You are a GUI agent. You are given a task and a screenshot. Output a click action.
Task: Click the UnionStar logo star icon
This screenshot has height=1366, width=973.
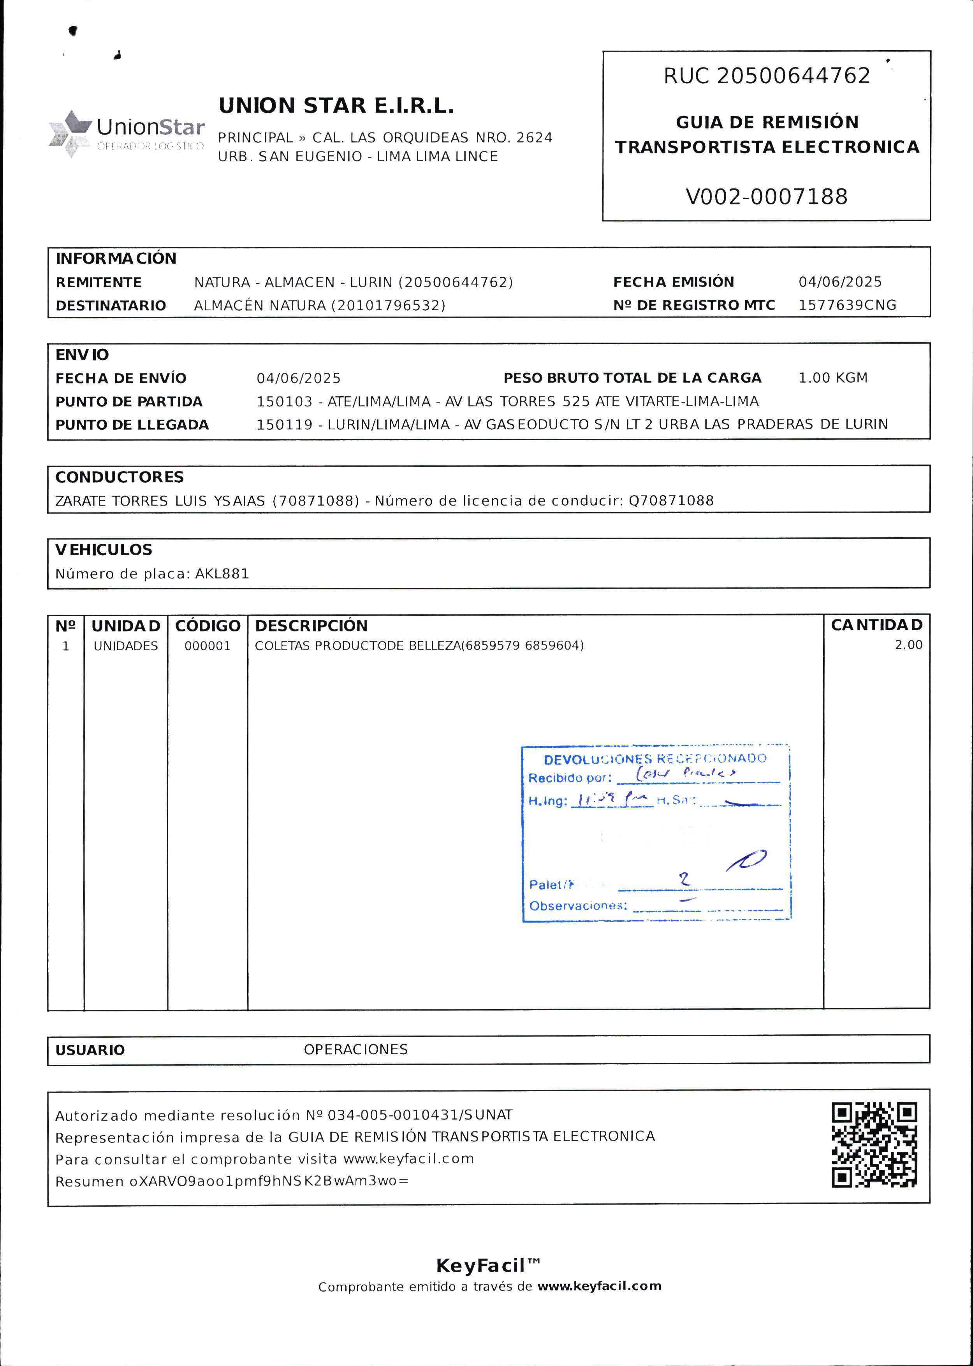coord(70,134)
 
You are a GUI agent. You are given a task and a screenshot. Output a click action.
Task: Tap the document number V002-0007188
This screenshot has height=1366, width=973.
coord(766,197)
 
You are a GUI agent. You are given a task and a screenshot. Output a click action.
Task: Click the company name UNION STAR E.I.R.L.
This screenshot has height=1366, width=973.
coord(336,106)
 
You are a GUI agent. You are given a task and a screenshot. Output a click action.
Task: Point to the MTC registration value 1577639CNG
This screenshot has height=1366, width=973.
coord(847,306)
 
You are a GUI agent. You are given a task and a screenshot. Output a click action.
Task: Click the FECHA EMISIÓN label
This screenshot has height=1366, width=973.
coord(674,282)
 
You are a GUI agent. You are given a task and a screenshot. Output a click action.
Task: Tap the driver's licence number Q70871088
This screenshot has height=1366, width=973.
coord(671,501)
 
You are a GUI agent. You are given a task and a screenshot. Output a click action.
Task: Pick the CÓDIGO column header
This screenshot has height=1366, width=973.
coord(207,626)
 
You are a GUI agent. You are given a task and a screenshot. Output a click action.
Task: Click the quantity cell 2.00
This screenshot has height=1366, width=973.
coord(908,645)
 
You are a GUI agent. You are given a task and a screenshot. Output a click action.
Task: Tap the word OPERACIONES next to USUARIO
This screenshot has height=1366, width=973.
coord(355,1049)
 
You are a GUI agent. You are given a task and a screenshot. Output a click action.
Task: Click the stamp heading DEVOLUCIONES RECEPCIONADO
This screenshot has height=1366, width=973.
coord(655,759)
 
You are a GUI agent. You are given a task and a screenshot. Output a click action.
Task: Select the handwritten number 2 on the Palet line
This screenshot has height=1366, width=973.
coord(684,879)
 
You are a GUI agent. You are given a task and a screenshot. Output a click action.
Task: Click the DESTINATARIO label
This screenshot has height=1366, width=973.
coord(111,306)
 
